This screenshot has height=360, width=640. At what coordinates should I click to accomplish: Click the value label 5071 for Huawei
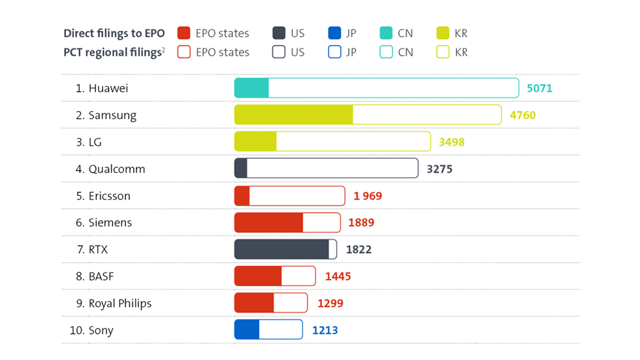point(539,88)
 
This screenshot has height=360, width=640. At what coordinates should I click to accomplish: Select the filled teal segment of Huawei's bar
point(251,88)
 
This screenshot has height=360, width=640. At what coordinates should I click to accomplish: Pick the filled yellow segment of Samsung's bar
point(293,115)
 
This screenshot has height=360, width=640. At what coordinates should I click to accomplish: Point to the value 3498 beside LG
point(452,142)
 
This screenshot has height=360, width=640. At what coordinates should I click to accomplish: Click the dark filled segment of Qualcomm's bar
point(241,169)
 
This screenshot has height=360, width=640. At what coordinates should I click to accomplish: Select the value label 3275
point(439,169)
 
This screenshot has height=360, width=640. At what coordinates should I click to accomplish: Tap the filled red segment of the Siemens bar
point(268,222)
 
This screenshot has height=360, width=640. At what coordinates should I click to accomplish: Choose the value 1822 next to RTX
point(359,249)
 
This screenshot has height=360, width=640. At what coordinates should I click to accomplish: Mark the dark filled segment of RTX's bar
point(281,249)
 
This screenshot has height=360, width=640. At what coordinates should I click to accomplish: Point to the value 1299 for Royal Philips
point(330,303)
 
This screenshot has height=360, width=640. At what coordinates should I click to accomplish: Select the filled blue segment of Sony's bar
point(247,330)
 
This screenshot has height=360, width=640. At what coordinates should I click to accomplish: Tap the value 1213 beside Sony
point(325,330)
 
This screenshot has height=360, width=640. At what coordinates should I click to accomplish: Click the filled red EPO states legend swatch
point(184,33)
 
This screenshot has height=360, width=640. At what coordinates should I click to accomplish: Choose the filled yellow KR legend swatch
point(442,33)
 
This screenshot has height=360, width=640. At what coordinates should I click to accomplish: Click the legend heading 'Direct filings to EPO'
point(114,33)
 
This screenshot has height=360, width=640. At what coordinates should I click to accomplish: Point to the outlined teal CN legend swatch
point(385,52)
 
